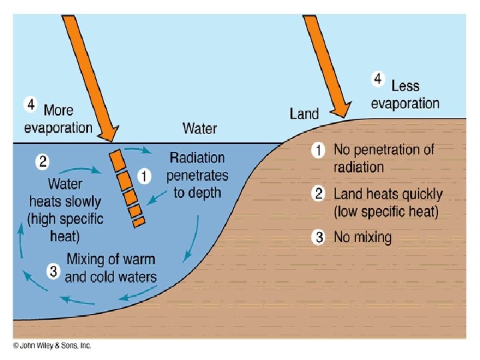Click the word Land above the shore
[304, 114]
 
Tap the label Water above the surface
[199, 128]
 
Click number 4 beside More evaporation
[31, 105]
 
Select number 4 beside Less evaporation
[377, 79]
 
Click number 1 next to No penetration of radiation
[319, 151]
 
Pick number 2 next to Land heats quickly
[319, 194]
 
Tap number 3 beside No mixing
[319, 237]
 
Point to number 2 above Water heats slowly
[41, 161]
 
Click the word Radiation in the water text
[197, 159]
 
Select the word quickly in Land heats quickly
[417, 195]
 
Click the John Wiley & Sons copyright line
[52, 345]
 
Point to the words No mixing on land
[362, 237]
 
